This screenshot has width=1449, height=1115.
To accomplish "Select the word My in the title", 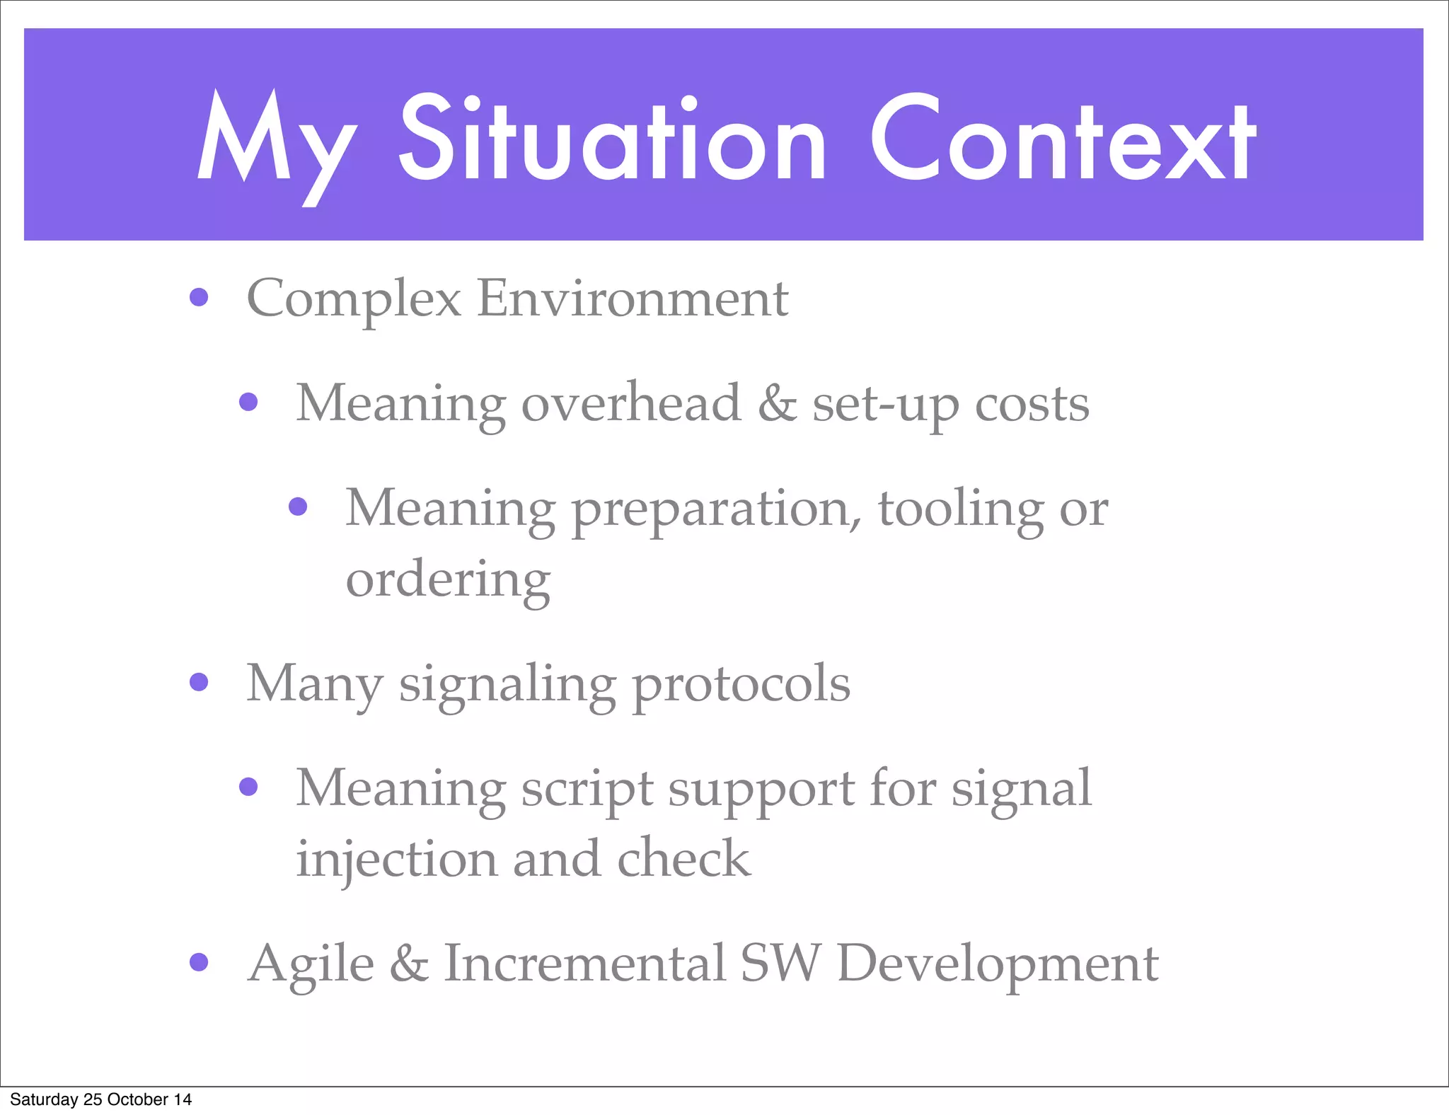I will (276, 145).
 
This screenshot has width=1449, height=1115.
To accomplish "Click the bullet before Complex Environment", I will (199, 297).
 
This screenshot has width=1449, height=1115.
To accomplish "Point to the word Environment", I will (633, 298).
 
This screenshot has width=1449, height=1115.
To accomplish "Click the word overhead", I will (631, 403).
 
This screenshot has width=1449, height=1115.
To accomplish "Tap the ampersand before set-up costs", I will (777, 403).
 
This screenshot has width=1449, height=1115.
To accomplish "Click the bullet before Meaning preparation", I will (298, 507).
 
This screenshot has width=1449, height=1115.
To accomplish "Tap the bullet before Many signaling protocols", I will (199, 682).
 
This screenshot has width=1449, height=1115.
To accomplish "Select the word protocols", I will (741, 685).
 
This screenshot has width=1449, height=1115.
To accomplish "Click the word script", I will (587, 789).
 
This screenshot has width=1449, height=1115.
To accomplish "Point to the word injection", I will (396, 859).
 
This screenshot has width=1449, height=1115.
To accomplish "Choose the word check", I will (683, 858).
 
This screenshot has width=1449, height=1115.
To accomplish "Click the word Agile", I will (311, 964).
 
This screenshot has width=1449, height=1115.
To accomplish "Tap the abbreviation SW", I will (780, 963).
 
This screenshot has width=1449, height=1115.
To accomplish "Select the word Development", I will (998, 964).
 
